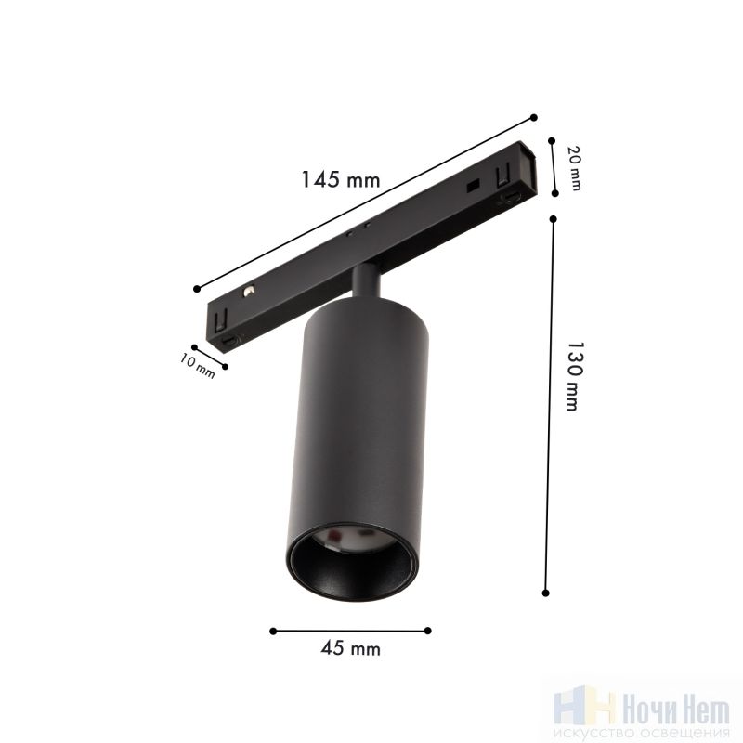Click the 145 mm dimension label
tap(341, 179)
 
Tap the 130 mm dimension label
tap(574, 376)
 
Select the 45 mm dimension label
tap(351, 647)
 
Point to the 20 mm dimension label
tap(574, 168)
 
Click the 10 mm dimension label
tap(197, 366)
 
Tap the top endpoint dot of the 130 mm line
tap(553, 219)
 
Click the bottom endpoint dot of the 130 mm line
tap(545, 593)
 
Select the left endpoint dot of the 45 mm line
tap(273, 631)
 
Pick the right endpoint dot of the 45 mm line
tap(428, 631)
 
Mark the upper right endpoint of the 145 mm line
tap(534, 118)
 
